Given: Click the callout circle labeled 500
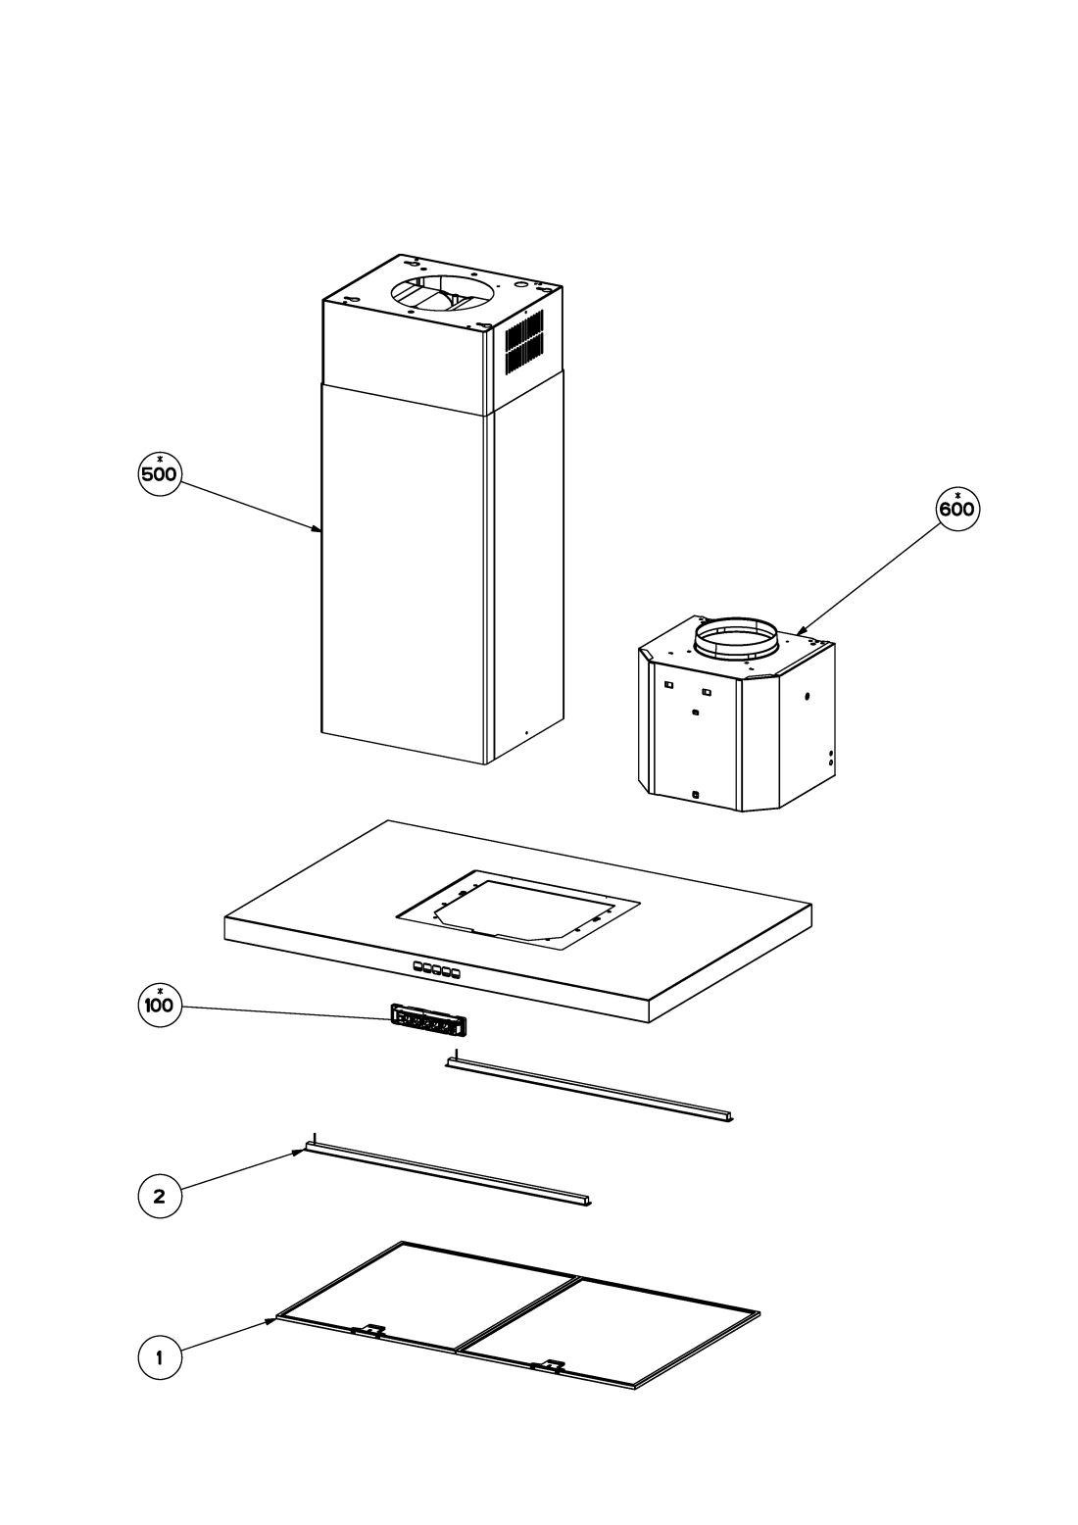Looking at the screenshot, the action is coord(160,473).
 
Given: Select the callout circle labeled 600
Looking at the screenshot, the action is coord(957,509).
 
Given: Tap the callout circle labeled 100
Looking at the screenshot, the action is coord(160,1005).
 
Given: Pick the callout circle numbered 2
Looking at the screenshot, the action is coord(160,1196).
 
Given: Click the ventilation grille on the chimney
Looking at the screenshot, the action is coord(524,341).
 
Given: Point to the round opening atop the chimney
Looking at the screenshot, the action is coord(442,293).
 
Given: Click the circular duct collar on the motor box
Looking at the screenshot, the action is coord(736,636).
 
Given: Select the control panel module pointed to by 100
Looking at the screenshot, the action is coord(429,1021).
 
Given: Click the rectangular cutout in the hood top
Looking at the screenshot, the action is coord(518,910).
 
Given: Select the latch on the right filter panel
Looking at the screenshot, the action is coord(549,1363).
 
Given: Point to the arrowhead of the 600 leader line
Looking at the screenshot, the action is coord(802,630).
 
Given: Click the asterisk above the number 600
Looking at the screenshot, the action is coord(957,495).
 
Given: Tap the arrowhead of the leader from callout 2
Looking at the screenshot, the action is coord(299,1152).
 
